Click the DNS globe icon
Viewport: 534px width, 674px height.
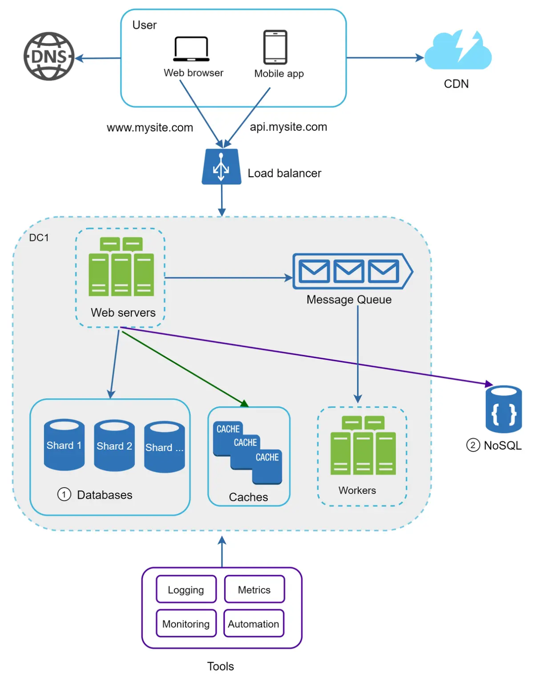49,56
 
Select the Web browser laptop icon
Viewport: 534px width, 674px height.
191,49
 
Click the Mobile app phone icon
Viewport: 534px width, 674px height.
275,47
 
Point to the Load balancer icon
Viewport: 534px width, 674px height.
221,167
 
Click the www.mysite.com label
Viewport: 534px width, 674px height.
150,128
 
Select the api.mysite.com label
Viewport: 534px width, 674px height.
288,127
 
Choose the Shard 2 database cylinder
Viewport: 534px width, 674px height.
114,445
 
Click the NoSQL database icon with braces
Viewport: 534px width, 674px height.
503,409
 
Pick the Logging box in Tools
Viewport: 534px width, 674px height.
186,590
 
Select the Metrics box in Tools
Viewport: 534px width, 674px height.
254,590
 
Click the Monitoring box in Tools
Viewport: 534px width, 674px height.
186,624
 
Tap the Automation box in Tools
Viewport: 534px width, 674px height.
254,624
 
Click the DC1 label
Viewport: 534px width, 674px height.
39,237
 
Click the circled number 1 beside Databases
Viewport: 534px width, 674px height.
64,495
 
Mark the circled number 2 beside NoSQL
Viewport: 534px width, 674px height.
472,445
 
